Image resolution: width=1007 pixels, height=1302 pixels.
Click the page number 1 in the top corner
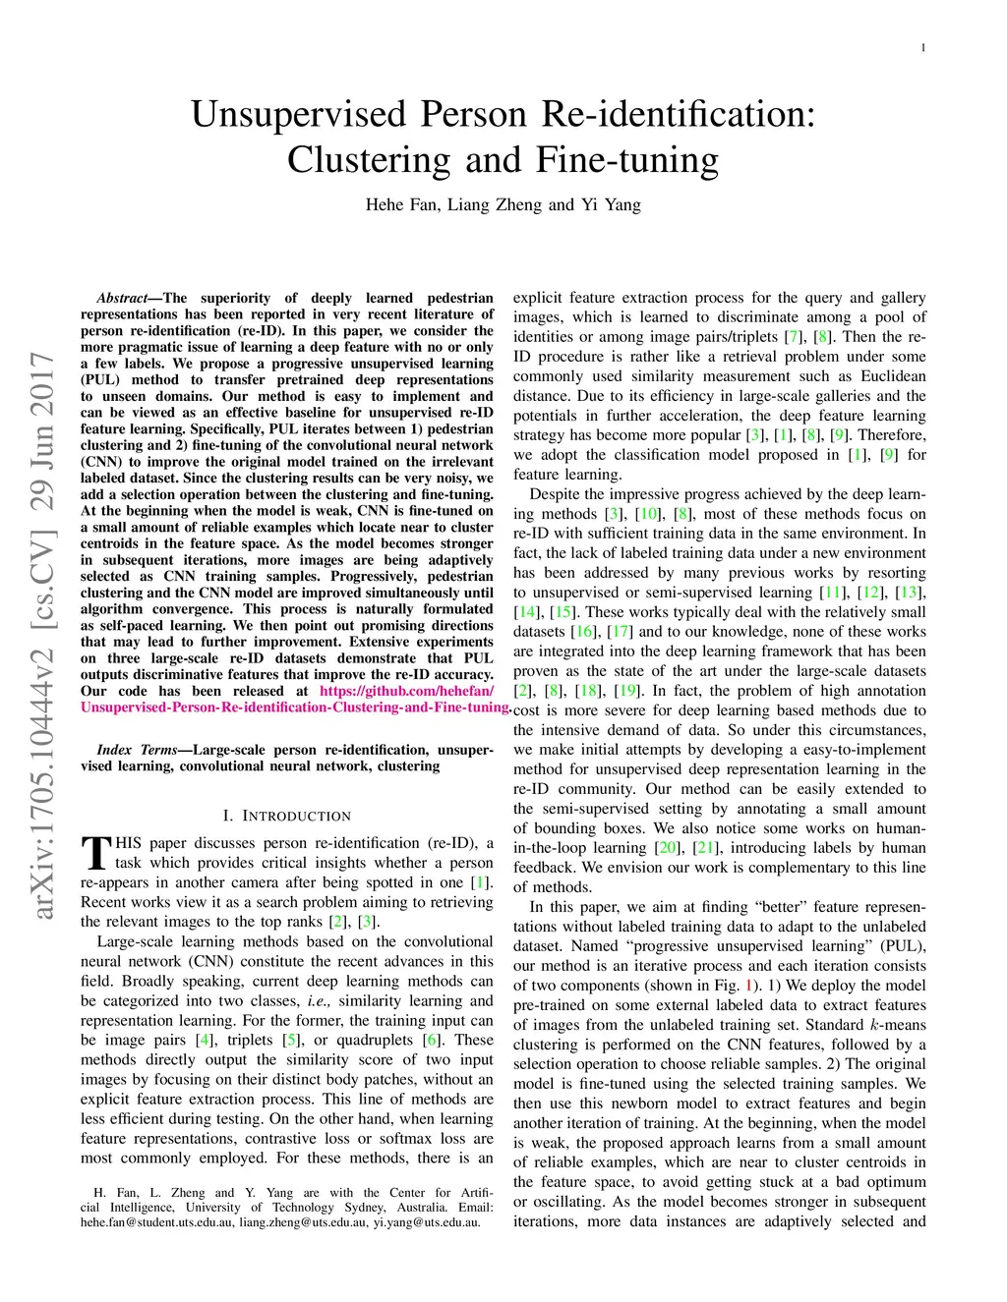(923, 47)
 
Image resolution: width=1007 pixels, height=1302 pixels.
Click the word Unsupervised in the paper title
(299, 114)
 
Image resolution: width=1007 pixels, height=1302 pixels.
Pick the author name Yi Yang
(610, 204)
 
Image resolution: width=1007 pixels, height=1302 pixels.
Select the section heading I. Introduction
(286, 816)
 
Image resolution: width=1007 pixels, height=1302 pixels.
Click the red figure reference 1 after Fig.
(749, 986)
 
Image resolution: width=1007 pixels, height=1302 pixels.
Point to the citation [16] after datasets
(584, 632)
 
